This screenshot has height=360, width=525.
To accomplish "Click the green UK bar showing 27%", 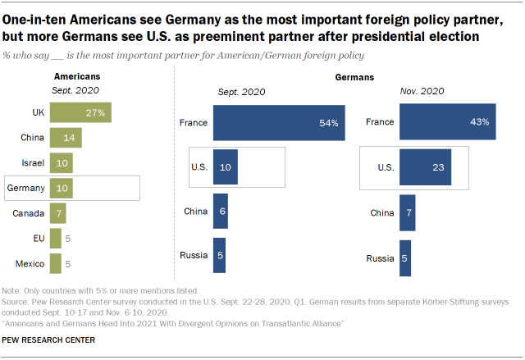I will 80,112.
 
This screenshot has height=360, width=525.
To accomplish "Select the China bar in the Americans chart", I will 66,138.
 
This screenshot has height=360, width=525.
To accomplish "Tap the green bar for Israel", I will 61,162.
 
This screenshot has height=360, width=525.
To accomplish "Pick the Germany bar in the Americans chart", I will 61,188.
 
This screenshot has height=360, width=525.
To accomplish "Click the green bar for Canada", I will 57,213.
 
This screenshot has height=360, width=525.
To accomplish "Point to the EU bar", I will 55,238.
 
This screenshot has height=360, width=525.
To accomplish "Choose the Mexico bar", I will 55,263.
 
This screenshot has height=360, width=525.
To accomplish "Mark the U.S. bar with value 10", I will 226,167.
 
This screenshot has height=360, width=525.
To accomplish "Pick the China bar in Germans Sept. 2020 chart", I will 220,212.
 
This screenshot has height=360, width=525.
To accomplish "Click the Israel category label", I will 34,162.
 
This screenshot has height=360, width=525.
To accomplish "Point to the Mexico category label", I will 30,263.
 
